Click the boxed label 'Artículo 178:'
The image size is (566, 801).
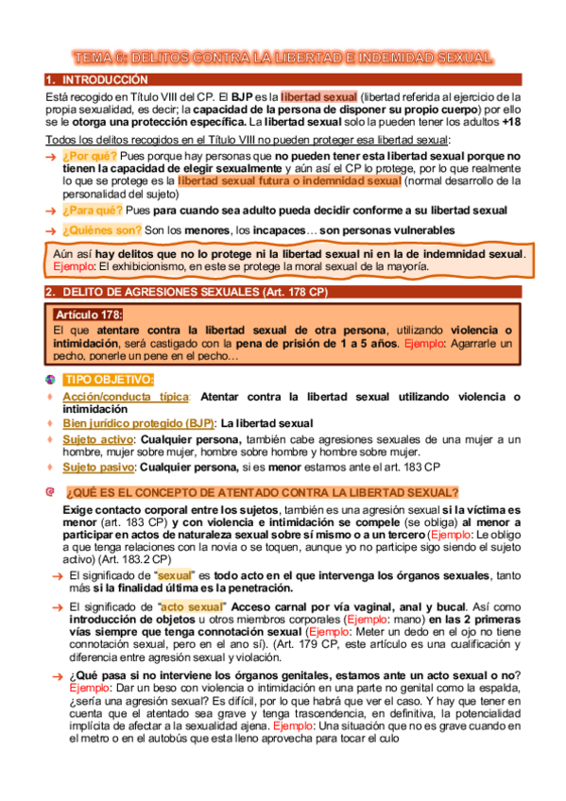tap(89, 315)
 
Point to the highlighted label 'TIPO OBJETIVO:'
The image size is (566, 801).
tap(109, 380)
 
